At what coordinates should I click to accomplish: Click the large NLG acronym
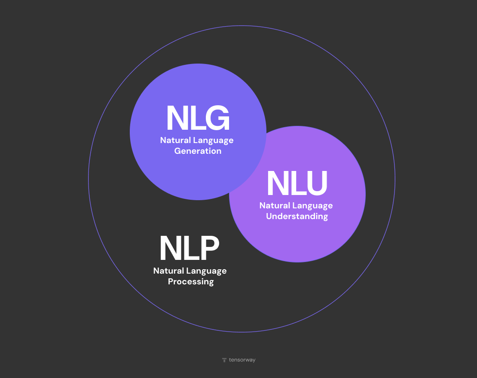tap(198, 119)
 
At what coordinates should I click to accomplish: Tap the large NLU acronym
tap(297, 184)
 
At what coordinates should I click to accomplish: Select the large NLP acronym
tap(190, 249)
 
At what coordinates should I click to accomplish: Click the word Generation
tap(198, 151)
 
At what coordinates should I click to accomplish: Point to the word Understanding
tap(297, 216)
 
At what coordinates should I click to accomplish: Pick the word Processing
tap(191, 282)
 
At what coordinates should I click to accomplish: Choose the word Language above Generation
tap(213, 141)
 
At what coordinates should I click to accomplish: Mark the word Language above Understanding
tap(312, 206)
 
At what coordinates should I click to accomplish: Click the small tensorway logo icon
tap(224, 360)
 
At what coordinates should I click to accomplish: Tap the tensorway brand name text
tap(242, 360)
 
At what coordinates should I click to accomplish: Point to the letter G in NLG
tap(217, 119)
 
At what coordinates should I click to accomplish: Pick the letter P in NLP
tap(208, 249)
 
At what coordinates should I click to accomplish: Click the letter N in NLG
tap(177, 119)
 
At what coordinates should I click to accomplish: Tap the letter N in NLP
tap(170, 249)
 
